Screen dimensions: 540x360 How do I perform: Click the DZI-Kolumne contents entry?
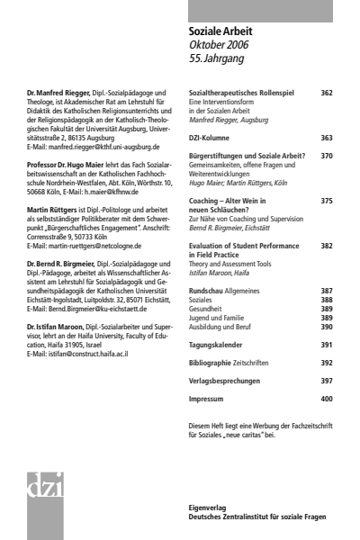tap(212, 138)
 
